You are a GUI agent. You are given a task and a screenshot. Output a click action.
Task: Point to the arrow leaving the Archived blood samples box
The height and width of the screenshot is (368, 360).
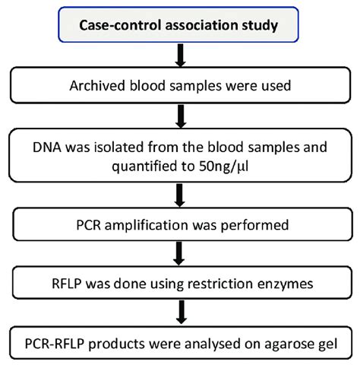coord(181,116)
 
